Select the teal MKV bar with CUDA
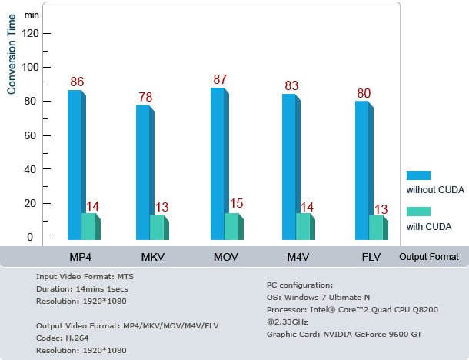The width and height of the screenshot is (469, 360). pos(157,227)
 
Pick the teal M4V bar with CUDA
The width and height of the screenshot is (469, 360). pos(303,226)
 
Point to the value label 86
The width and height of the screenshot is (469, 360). pos(77,82)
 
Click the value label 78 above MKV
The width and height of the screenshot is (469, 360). pos(145,97)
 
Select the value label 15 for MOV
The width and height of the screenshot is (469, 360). pos(236,204)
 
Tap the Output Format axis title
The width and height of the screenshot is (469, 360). pos(429,257)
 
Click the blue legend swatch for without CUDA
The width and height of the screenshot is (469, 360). pos(418,175)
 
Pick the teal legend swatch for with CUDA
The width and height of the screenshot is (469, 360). pos(418,212)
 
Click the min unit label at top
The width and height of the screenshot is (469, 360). pos(32,15)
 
